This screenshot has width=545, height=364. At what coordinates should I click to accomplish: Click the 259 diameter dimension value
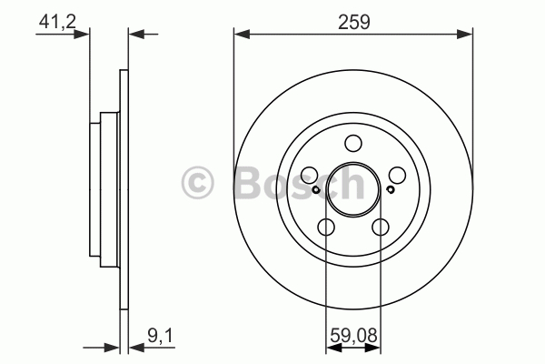pos(354,22)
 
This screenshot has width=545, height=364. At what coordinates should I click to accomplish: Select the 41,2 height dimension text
pos(57,22)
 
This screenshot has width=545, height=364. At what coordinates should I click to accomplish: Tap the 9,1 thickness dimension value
pos(160,336)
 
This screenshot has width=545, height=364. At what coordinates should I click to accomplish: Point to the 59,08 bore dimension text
pos(353,336)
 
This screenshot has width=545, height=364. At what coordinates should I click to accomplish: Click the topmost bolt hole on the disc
pos(353,143)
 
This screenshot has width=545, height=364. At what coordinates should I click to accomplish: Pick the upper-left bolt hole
pos(310,175)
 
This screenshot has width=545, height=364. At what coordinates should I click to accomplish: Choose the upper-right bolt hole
pos(397,175)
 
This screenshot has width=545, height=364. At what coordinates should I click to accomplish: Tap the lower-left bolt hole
pos(326,227)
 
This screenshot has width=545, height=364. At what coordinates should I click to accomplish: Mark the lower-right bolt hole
pos(381,227)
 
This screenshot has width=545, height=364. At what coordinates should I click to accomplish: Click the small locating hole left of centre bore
pos(315,190)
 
